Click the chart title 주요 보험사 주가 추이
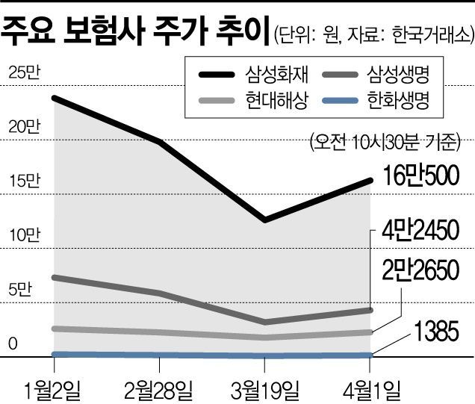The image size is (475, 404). point(135,31)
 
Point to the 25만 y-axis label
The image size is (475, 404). point(24,72)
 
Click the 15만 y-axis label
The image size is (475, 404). point(24,181)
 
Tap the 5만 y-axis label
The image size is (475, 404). point(20,290)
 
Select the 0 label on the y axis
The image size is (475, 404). point(13,344)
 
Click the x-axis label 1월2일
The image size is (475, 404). point(53,390)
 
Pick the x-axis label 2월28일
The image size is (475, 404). point(159,390)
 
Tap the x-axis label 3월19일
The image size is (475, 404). point(265,390)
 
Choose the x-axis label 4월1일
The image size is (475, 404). point(372,390)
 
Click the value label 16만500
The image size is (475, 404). point(420,175)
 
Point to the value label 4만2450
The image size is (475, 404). point(420,230)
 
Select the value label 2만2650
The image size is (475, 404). point(420,270)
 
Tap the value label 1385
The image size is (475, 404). point(436,332)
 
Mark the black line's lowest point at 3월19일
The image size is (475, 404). point(265,220)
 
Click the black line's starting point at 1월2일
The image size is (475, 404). point(54,98)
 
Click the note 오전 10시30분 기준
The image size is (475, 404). point(385,142)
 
